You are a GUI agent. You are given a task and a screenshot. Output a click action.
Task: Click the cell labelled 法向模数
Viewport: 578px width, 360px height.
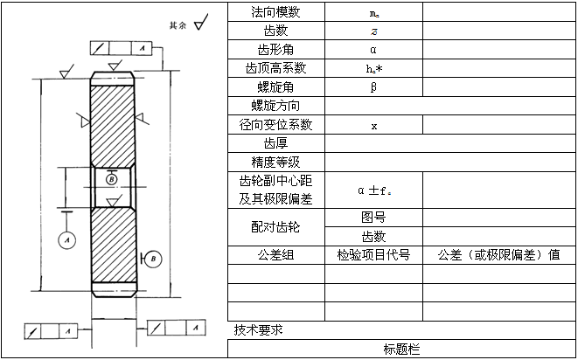[x=275, y=12]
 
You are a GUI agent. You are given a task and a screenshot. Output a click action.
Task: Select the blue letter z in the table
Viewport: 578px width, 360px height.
[x=373, y=31]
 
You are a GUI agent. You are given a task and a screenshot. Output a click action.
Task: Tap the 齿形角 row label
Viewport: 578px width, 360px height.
[x=275, y=49]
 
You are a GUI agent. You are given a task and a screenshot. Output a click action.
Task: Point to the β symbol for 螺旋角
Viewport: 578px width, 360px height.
[x=373, y=87]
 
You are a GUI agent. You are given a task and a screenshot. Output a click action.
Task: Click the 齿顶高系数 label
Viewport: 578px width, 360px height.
[x=275, y=68]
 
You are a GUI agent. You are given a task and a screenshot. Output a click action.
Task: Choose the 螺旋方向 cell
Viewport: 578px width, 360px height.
[x=275, y=106]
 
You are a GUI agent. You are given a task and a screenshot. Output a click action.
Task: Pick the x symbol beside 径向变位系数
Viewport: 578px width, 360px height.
[x=373, y=125]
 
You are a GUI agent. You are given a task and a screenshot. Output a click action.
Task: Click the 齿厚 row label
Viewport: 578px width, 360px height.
[x=275, y=143]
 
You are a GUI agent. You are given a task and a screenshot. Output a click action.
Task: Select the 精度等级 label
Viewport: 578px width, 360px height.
[x=275, y=163]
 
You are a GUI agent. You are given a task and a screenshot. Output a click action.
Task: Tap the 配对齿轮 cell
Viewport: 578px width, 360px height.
[x=275, y=227]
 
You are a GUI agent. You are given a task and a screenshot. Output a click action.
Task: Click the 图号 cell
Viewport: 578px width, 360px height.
[x=373, y=218]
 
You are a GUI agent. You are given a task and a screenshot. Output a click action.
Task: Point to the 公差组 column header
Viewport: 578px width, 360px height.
[x=275, y=255]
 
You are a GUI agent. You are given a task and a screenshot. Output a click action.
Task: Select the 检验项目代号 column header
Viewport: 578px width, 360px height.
[x=373, y=255]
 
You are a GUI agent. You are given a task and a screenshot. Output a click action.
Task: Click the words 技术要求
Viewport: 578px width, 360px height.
[x=258, y=329]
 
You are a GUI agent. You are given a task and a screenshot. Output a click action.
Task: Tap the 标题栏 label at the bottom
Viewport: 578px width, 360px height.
[x=401, y=350]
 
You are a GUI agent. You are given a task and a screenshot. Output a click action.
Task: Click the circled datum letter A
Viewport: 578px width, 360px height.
[x=67, y=238]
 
